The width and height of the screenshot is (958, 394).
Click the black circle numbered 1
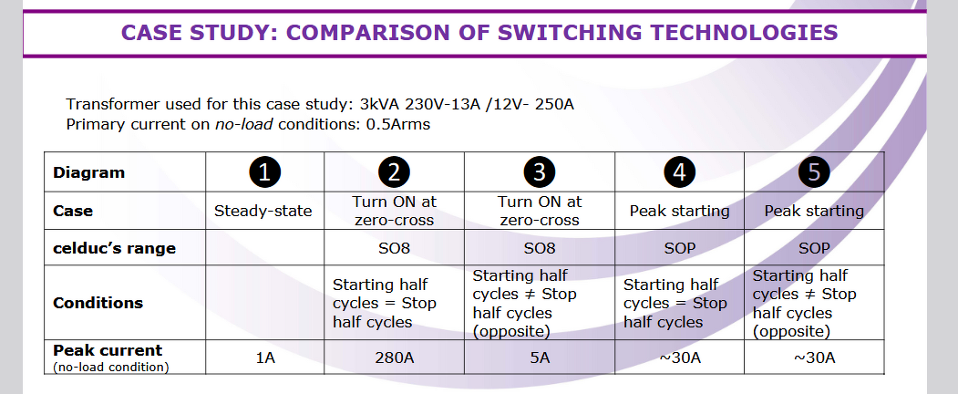(x=263, y=171)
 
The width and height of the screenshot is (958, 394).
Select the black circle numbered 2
(x=394, y=171)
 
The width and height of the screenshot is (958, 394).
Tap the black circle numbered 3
(x=540, y=171)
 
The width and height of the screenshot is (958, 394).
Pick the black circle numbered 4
(x=680, y=171)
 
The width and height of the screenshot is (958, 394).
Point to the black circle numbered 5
(x=814, y=171)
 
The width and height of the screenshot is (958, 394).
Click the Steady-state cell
(x=263, y=211)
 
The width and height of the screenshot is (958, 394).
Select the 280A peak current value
(x=394, y=358)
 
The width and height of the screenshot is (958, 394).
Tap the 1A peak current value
(x=263, y=358)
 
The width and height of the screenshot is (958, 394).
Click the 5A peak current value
(x=540, y=358)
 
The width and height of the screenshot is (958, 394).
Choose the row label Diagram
(x=88, y=172)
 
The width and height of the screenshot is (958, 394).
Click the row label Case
(x=73, y=211)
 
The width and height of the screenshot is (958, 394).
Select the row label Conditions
(x=98, y=302)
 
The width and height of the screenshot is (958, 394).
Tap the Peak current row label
(x=108, y=351)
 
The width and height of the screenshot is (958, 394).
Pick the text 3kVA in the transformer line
(x=384, y=104)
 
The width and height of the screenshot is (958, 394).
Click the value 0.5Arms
(x=397, y=123)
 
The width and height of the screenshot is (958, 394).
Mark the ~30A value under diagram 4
(x=680, y=358)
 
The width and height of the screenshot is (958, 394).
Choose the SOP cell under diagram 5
(x=814, y=248)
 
